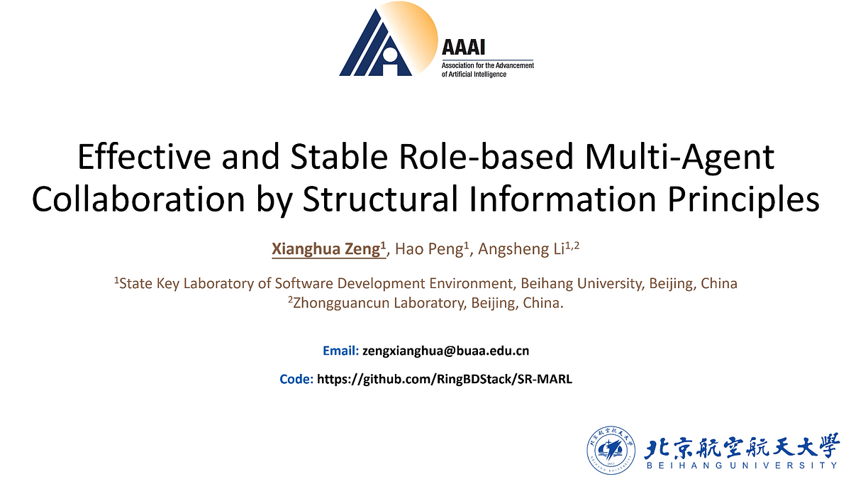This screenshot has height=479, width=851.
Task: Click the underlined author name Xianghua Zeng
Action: tap(328, 249)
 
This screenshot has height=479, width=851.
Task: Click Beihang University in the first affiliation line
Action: tap(581, 284)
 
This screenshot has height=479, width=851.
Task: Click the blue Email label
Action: tap(340, 351)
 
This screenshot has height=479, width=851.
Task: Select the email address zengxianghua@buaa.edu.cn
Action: tap(445, 351)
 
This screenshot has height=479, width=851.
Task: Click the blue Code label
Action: tap(296, 379)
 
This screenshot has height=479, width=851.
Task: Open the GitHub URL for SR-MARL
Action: tap(444, 379)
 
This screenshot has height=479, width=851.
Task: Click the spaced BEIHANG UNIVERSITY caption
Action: tap(741, 466)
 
